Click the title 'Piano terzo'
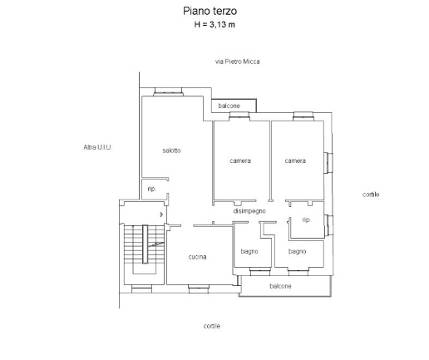210,11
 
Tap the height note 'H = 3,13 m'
214,25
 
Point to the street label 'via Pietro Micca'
238,62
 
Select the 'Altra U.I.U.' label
98,147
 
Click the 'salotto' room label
171,150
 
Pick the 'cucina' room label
197,257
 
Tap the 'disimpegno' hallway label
249,211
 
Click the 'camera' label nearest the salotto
240,160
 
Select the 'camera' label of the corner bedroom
295,160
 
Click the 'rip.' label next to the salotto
152,189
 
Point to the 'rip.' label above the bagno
307,219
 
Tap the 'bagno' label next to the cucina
249,251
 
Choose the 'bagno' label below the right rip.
297,251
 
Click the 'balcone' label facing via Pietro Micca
229,106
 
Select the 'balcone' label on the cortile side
280,286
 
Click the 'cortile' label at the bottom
212,326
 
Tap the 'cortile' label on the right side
371,195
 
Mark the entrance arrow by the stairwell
162,215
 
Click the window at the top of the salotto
168,91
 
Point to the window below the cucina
199,288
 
